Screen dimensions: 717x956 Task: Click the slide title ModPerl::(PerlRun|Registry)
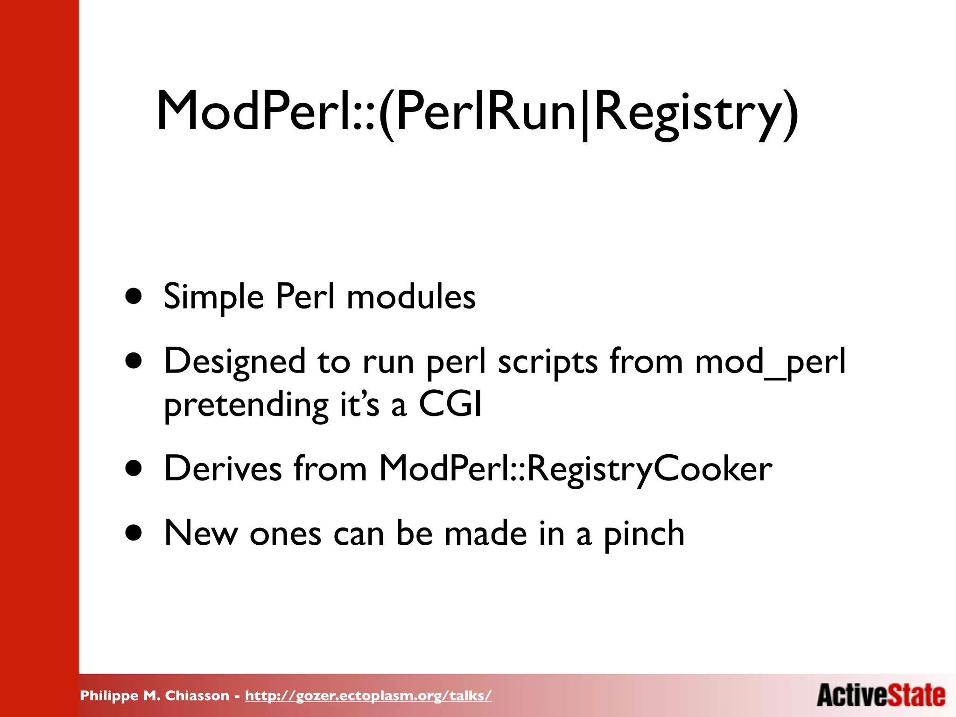coord(477,112)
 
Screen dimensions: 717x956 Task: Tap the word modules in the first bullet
coord(411,297)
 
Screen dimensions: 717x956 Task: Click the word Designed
coord(235,362)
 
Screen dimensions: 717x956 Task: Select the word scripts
coord(548,362)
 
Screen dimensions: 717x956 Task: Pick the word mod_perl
coord(770,362)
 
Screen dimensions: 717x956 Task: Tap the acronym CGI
coord(450,404)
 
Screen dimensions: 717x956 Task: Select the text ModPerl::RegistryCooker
coord(576,469)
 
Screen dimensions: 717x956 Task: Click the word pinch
coord(644,534)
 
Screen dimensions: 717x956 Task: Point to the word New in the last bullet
coord(201,533)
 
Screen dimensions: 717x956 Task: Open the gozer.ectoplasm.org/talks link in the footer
coord(368,696)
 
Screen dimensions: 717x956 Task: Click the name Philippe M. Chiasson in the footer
coord(155,696)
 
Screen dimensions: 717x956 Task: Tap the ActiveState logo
coord(881,695)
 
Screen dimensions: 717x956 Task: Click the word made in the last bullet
coord(485,533)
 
